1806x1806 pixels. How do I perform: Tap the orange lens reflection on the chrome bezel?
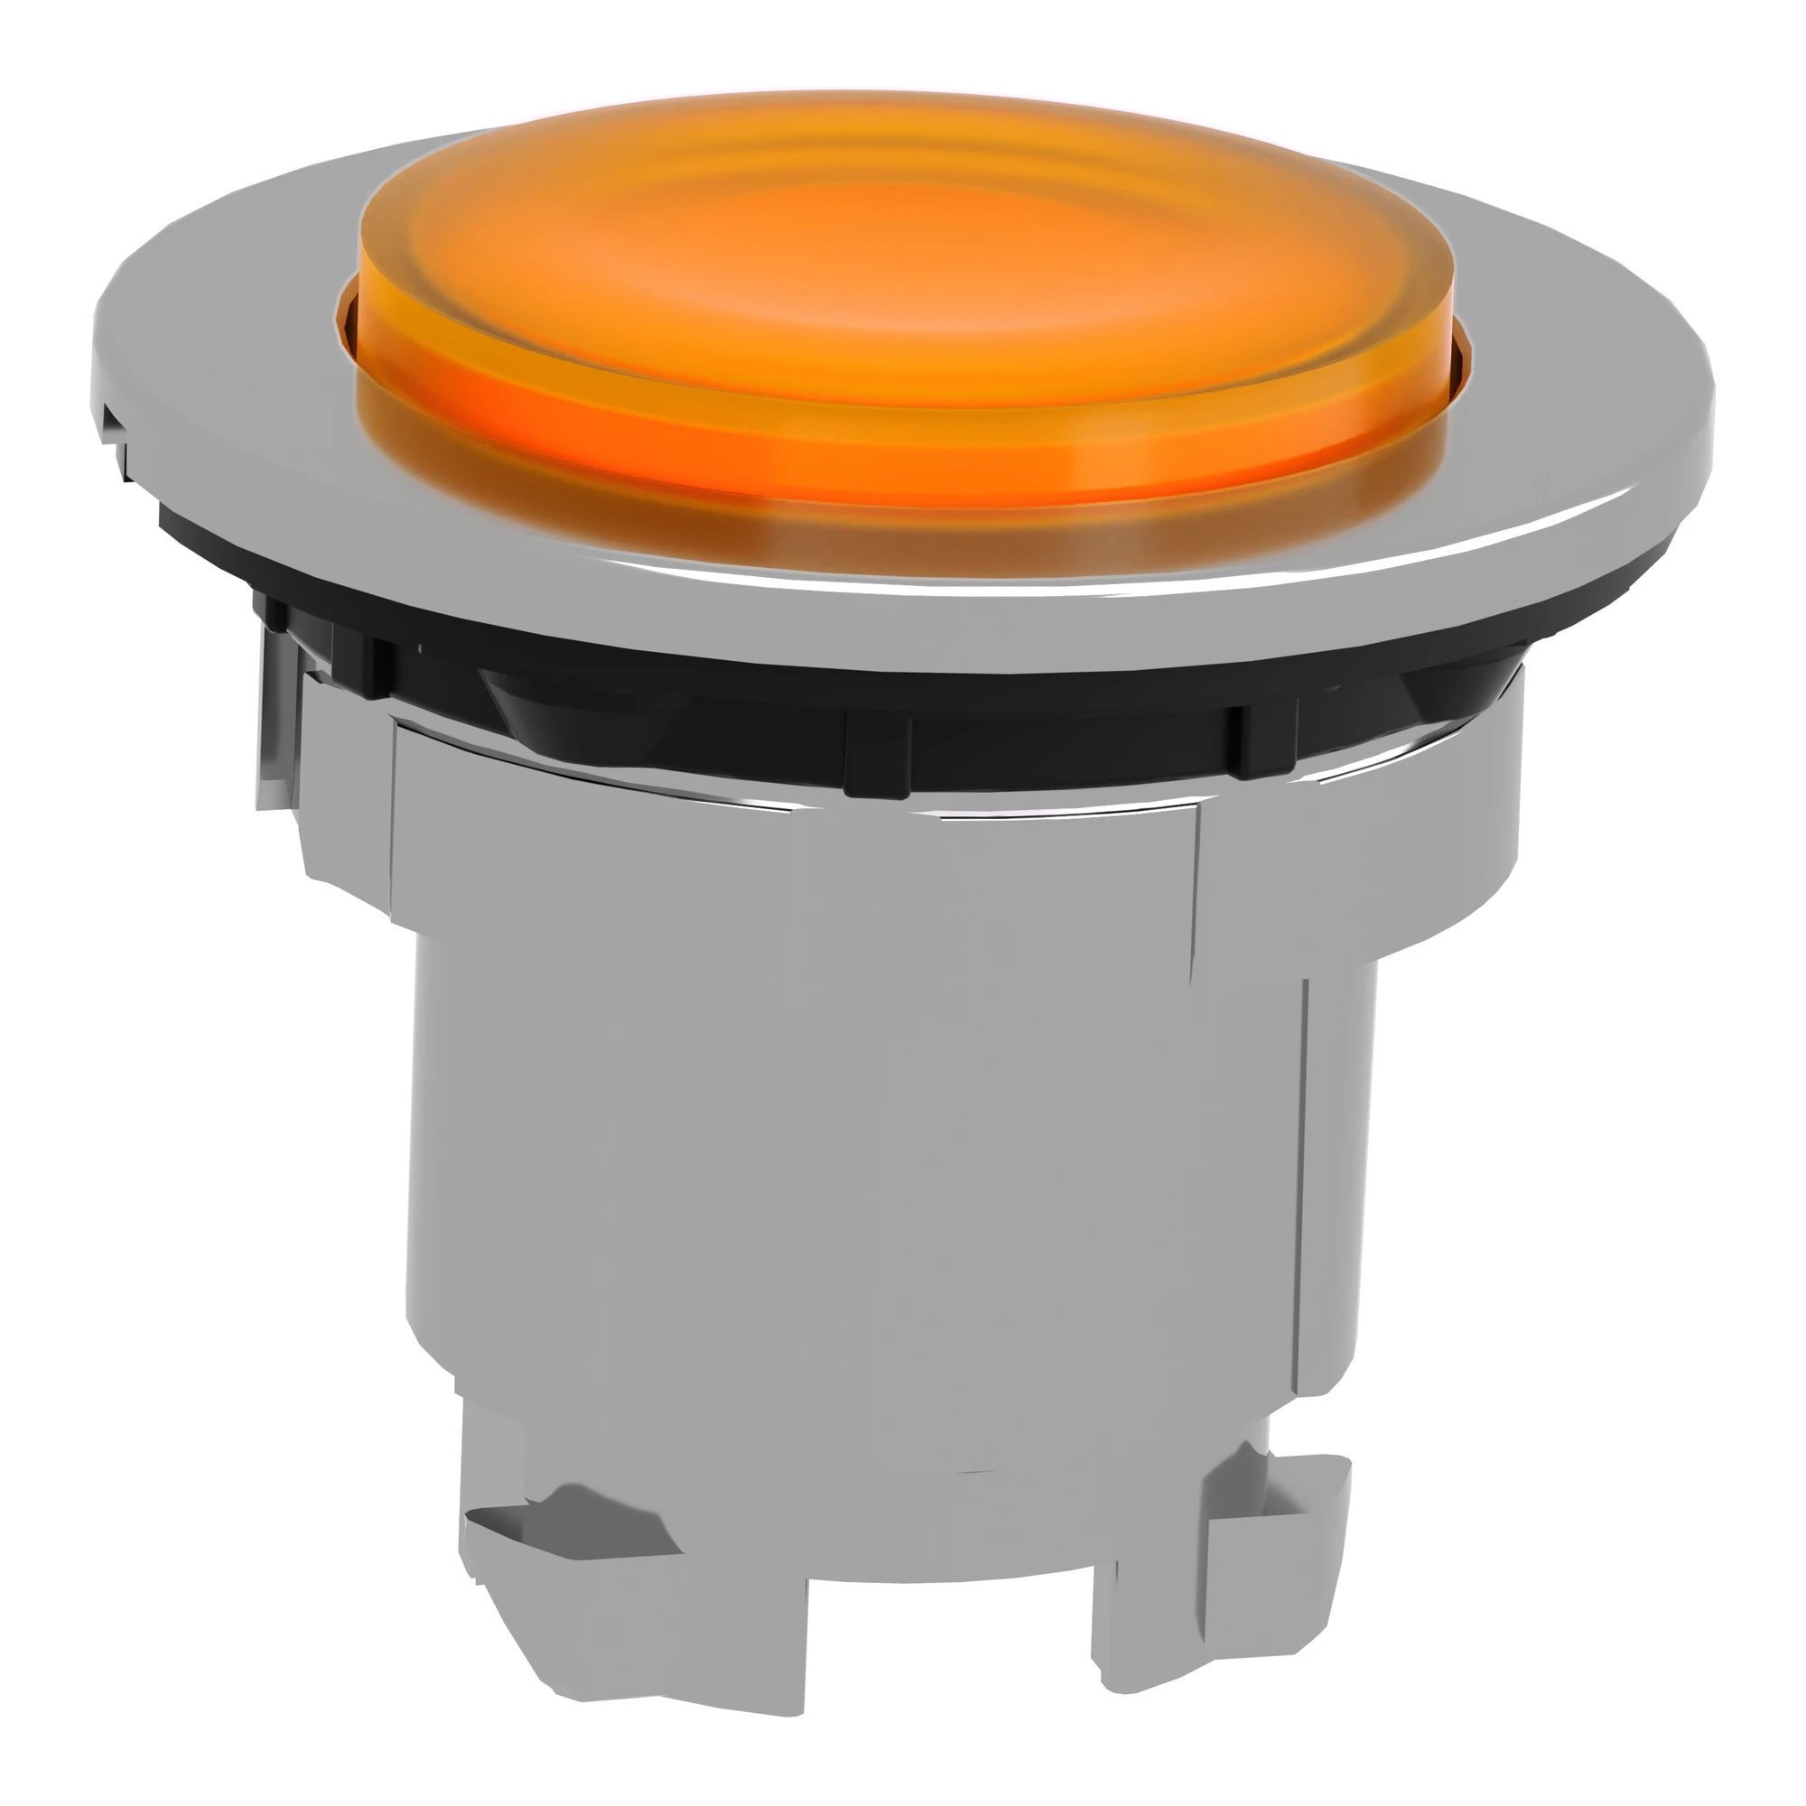click(898, 533)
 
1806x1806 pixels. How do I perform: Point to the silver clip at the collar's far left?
click(276, 720)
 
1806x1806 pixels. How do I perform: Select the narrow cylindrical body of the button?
click(842, 1168)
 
